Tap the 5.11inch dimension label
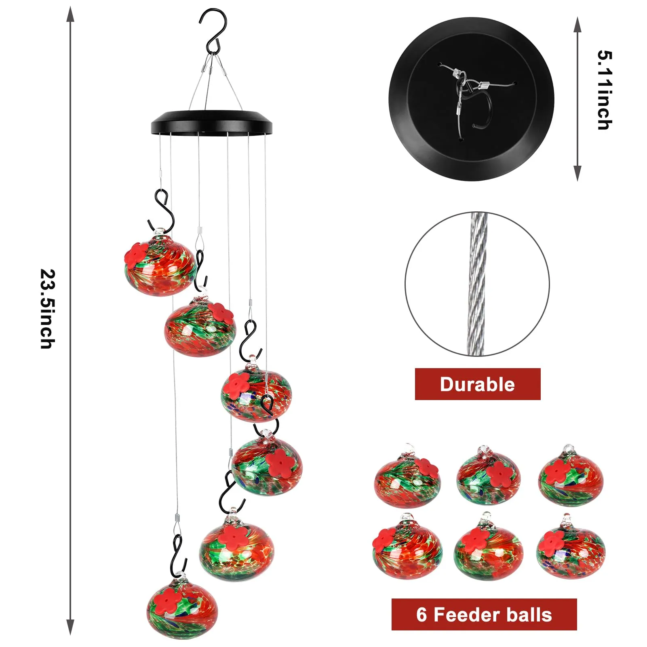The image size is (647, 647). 605,90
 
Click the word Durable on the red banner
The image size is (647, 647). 477,384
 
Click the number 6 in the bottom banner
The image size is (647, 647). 421,615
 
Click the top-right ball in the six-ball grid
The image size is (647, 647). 571,475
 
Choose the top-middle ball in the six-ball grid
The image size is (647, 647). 489,475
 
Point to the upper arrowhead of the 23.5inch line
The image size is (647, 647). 70,15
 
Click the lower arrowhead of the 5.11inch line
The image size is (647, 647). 577,173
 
